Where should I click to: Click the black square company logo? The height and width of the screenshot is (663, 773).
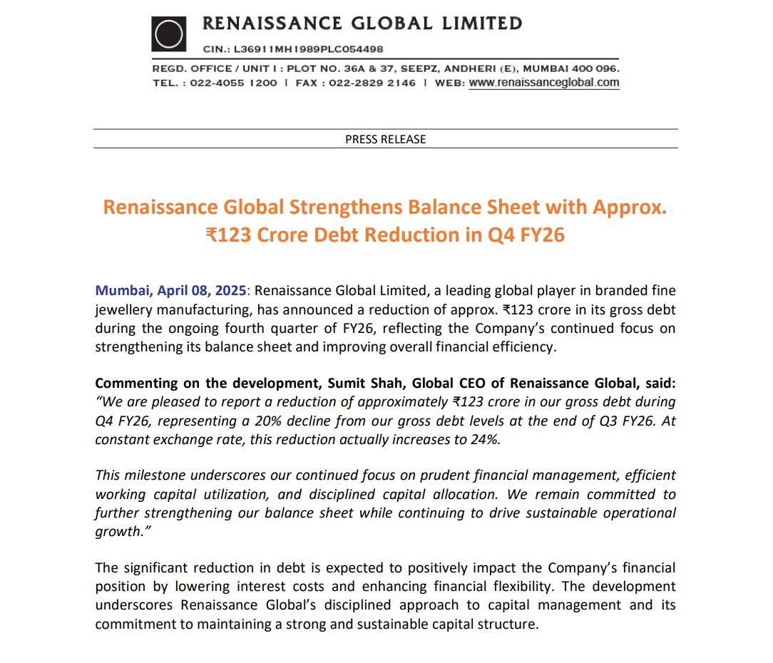[x=169, y=35]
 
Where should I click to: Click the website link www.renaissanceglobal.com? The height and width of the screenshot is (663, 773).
[x=544, y=83]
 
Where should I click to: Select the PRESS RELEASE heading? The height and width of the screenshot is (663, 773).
[x=385, y=139]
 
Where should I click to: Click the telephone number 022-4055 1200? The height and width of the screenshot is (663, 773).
[x=234, y=83]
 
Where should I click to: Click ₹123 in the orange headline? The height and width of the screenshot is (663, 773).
[x=227, y=235]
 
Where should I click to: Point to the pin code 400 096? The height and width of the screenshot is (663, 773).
[x=597, y=69]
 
